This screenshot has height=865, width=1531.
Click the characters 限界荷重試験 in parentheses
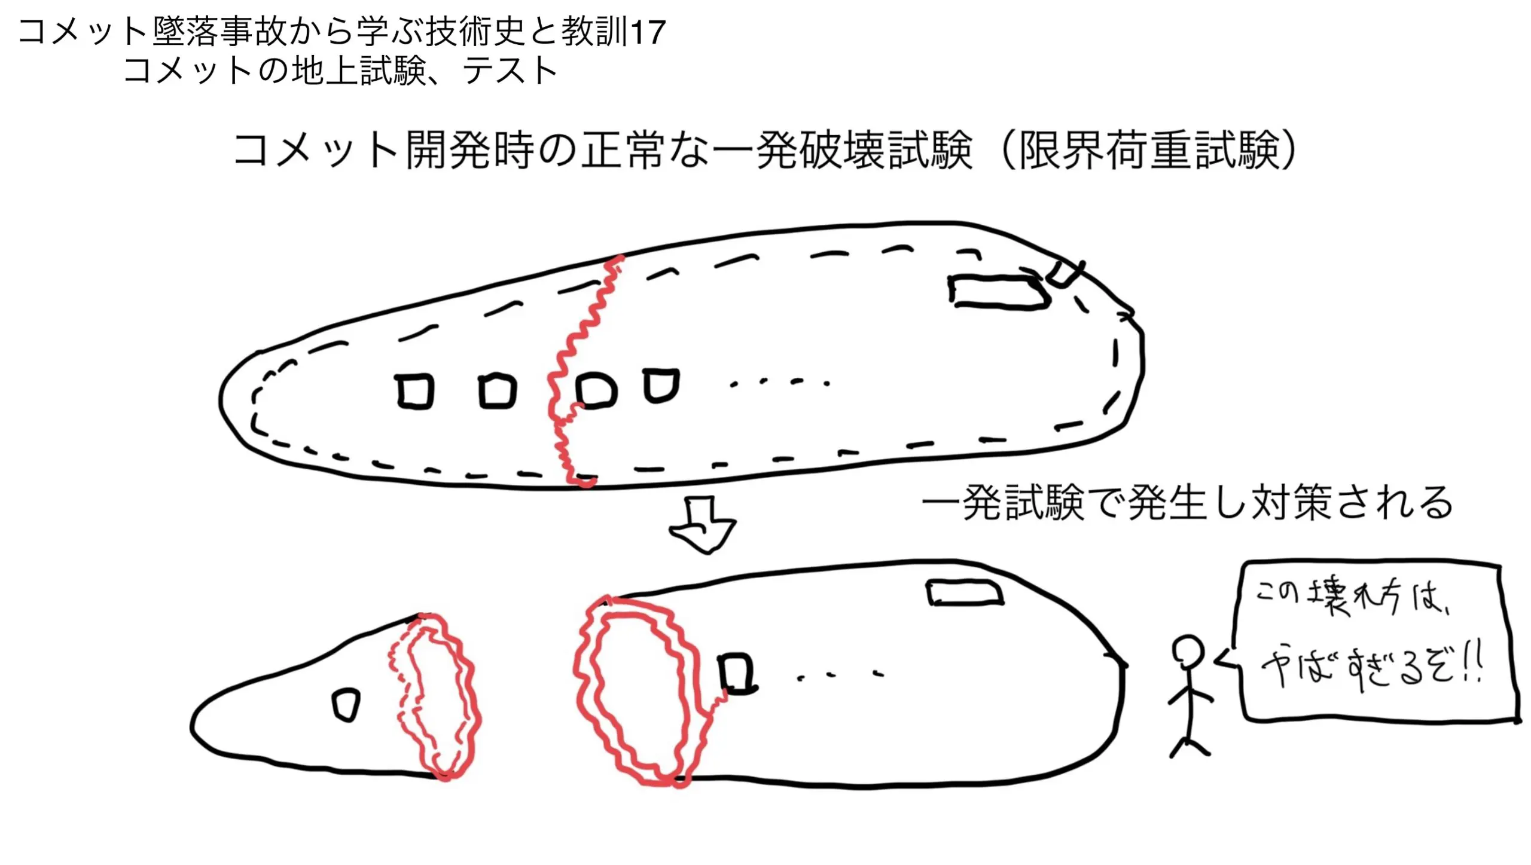pyautogui.click(x=1148, y=150)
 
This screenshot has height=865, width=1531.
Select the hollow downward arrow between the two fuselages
pyautogui.click(x=703, y=525)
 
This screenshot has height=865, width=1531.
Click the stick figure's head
pyautogui.click(x=1188, y=650)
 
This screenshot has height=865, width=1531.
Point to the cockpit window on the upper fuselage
pyautogui.click(x=999, y=292)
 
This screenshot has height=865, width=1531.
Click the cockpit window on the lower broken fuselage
pyautogui.click(x=965, y=593)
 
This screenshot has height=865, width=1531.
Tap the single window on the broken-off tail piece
pyautogui.click(x=346, y=705)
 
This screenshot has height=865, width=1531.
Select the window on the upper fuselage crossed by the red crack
pyautogui.click(x=596, y=390)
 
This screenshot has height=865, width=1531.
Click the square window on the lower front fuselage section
pyautogui.click(x=737, y=674)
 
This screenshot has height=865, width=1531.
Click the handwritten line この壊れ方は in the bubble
pyautogui.click(x=1352, y=596)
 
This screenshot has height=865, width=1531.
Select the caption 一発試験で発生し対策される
pyautogui.click(x=1187, y=503)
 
